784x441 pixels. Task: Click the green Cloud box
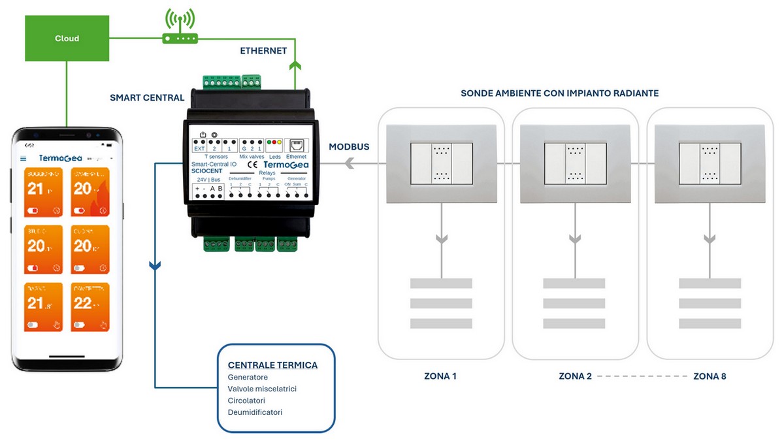(x=67, y=39)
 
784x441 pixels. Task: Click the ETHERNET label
(x=263, y=50)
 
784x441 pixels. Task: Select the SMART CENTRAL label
(x=147, y=98)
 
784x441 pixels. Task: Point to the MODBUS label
(x=349, y=147)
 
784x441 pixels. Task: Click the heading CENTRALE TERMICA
(x=272, y=365)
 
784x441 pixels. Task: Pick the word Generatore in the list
(x=248, y=377)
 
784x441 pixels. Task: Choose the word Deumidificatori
(x=255, y=412)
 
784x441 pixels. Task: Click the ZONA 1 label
(x=442, y=376)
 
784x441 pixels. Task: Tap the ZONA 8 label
(x=710, y=376)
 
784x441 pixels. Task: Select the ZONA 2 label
(x=575, y=376)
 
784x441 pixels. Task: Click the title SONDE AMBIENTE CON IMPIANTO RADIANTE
(x=559, y=93)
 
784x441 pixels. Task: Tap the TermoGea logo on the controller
(x=286, y=165)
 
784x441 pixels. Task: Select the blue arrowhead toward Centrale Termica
(x=155, y=265)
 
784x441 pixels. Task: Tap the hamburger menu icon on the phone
(x=24, y=158)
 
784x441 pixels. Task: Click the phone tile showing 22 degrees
(x=90, y=306)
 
